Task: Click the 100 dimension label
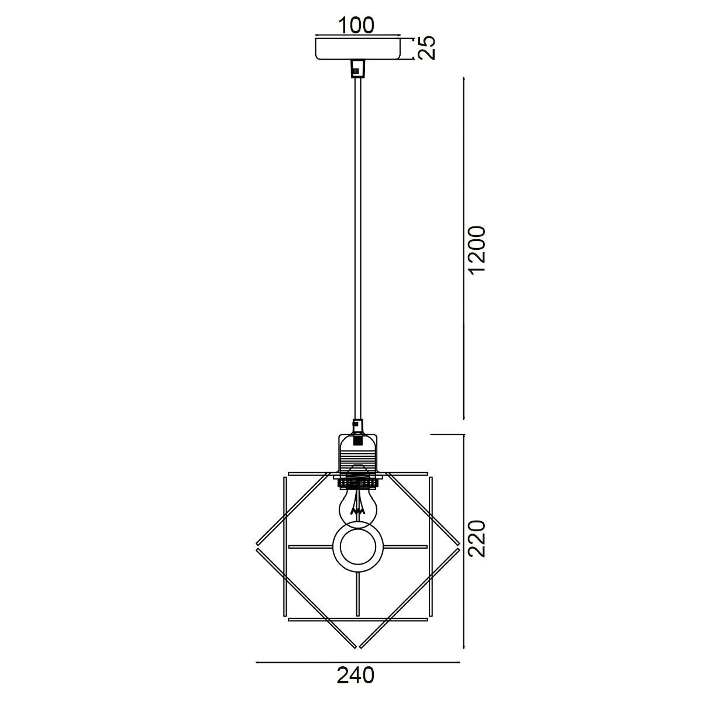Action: coord(356,25)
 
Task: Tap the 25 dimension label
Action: coord(426,48)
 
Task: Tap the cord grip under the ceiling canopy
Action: coord(357,68)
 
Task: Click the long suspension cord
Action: coord(357,249)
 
